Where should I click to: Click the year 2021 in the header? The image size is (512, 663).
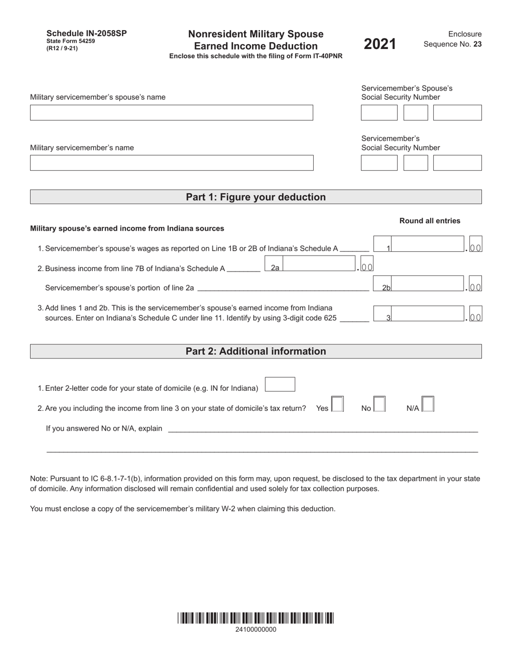click(380, 44)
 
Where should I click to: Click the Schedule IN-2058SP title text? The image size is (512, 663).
click(87, 33)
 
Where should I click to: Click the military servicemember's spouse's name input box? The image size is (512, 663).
click(171, 113)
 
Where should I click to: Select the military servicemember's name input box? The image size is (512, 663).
click(171, 163)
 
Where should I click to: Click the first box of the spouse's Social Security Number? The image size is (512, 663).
click(379, 113)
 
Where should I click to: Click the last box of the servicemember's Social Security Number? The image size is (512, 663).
click(457, 163)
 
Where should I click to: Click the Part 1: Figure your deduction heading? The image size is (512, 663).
click(255, 197)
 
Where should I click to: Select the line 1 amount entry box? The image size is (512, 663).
click(426, 244)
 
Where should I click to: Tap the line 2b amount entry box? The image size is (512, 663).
click(426, 284)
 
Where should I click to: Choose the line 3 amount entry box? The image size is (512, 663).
click(426, 314)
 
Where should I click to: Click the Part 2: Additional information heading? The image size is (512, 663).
click(255, 351)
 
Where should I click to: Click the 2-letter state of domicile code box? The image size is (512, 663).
click(280, 384)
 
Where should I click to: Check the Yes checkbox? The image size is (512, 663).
click(337, 404)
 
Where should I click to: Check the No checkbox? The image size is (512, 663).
click(379, 404)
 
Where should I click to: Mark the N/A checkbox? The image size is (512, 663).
click(428, 404)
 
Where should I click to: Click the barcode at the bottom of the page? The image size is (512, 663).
click(255, 618)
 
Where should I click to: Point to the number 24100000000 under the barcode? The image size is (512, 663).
click(256, 630)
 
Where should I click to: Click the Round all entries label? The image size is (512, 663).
click(430, 220)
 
